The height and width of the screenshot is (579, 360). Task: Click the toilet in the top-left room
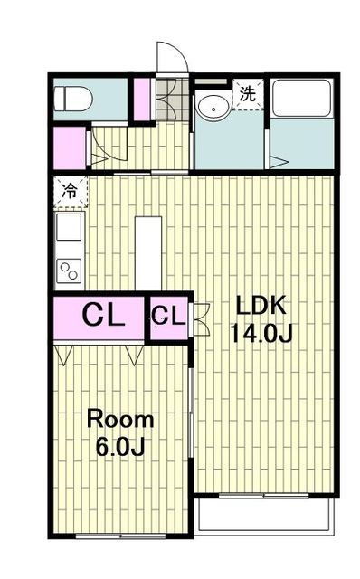(x=72, y=99)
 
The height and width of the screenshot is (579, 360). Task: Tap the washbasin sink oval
(x=213, y=108)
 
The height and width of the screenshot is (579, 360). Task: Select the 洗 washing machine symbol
(x=248, y=94)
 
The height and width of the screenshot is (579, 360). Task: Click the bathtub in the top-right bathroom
(x=302, y=98)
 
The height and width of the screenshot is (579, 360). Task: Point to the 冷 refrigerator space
(x=71, y=191)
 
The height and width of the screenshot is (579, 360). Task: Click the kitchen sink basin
(x=69, y=227)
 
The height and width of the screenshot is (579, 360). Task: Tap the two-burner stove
(x=69, y=271)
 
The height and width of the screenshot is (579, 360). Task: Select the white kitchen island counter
(x=148, y=253)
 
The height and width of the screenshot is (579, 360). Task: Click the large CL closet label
(x=103, y=316)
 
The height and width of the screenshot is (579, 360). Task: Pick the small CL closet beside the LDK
(x=169, y=318)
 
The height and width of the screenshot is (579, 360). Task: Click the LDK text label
(x=261, y=306)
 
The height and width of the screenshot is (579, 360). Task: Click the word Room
(x=120, y=420)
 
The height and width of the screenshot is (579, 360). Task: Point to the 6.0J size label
(x=120, y=447)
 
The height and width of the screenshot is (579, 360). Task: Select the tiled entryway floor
(x=173, y=100)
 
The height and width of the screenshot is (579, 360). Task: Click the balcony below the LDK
(x=264, y=515)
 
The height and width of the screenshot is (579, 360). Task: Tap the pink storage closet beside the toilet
(x=142, y=99)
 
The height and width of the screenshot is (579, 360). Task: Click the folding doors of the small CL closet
(x=200, y=319)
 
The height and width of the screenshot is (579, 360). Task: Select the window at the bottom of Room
(x=120, y=536)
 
